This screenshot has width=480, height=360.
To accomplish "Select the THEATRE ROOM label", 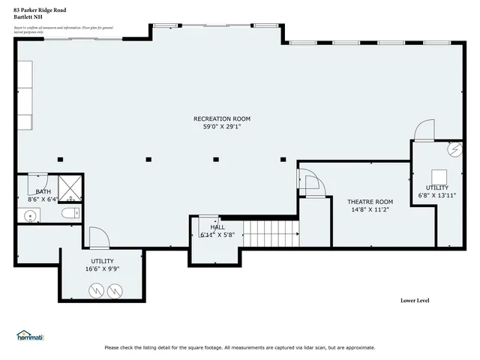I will [370, 202].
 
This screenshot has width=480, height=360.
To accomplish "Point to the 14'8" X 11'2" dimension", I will [370, 210].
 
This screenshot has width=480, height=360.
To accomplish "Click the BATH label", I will [43, 191].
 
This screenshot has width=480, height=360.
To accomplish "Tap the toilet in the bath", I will [70, 214].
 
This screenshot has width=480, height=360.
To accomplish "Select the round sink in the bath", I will [30, 217].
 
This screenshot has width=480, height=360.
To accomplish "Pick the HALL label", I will [217, 226].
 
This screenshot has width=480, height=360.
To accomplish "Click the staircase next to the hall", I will [270, 233].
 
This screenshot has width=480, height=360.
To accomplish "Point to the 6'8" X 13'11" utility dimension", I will [436, 195].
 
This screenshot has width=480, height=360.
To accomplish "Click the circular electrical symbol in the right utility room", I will [453, 150].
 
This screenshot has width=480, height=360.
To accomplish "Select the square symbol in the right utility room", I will [436, 174].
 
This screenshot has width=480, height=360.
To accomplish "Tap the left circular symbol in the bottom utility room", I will [96, 289].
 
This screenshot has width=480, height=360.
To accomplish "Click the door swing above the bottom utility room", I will [99, 238].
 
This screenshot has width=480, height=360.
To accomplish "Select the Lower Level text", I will [415, 301].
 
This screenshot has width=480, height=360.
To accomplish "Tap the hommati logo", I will [30, 336].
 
